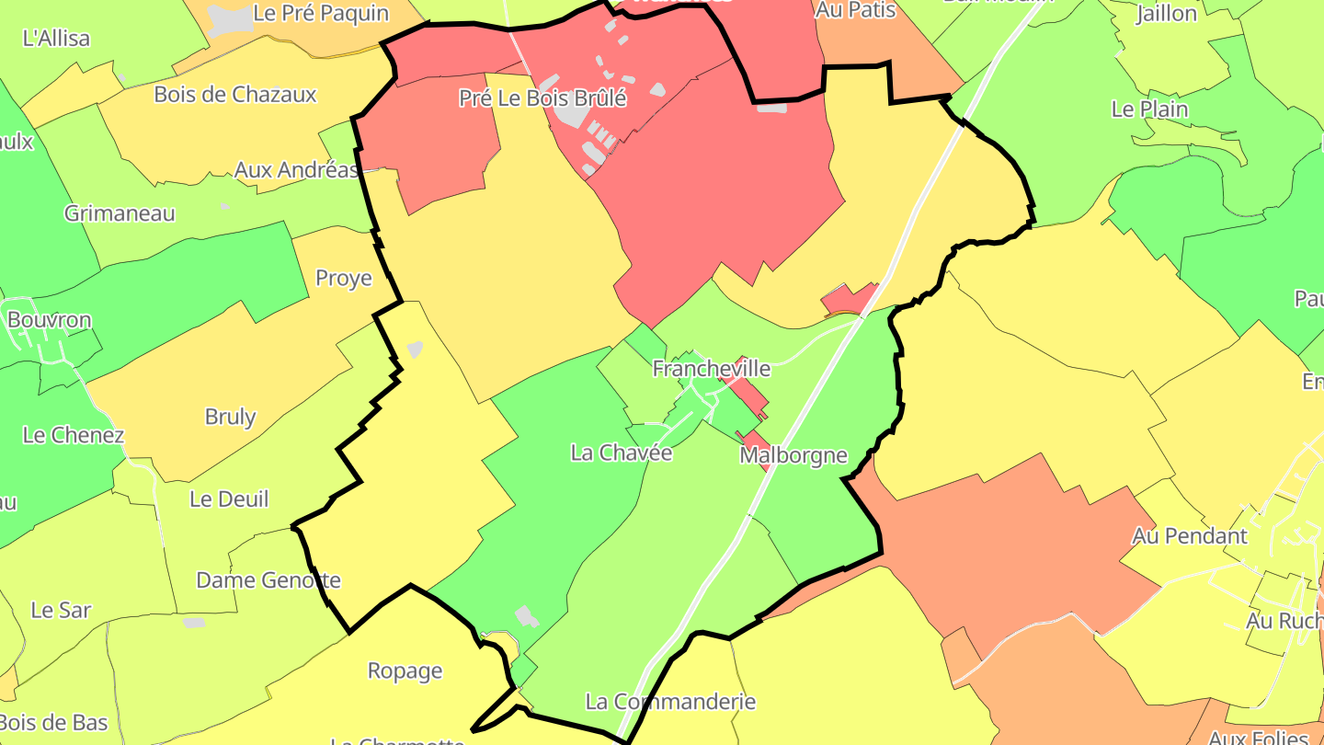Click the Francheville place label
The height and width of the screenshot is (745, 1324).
click(x=712, y=369)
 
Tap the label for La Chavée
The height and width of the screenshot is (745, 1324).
click(x=622, y=453)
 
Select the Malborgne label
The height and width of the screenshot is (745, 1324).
click(x=793, y=455)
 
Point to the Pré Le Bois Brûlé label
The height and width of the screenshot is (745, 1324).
click(x=542, y=98)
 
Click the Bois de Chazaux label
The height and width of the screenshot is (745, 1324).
click(x=234, y=94)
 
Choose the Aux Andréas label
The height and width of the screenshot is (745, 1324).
click(x=296, y=170)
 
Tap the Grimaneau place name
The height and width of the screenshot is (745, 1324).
click(x=120, y=213)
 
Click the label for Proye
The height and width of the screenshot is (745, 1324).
click(x=344, y=278)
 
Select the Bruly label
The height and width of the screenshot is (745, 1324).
click(x=230, y=417)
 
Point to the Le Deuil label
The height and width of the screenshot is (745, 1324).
click(x=229, y=499)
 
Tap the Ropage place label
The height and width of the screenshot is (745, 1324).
click(x=405, y=670)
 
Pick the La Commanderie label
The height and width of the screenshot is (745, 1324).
click(x=670, y=701)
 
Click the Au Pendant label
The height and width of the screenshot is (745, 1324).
click(x=1190, y=535)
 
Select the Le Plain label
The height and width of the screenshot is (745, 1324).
click(x=1149, y=109)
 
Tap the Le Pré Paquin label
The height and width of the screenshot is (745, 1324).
click(x=320, y=13)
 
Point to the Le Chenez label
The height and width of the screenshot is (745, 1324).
click(x=74, y=434)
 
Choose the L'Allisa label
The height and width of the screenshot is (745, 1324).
click(x=56, y=38)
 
